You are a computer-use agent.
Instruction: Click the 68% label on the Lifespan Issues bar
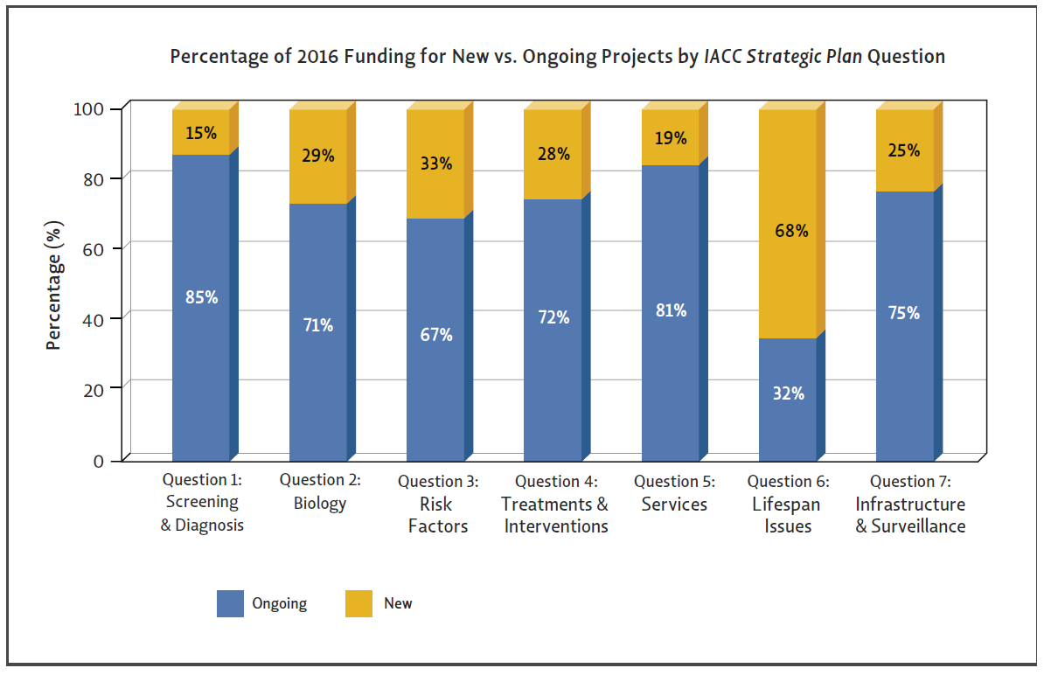pos(790,232)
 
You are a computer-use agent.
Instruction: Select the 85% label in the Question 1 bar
pos(201,296)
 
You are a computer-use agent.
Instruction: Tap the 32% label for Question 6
pos(789,393)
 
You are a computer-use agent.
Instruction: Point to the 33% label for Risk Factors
pos(436,163)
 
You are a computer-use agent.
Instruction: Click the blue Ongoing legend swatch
pos(230,603)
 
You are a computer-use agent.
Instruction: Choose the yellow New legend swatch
pos(358,603)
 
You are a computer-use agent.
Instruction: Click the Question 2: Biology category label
pos(320,492)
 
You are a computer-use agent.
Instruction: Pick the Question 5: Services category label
pos(673,493)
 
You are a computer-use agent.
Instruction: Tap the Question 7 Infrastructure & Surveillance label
pos(909,504)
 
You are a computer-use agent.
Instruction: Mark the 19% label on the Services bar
pos(671,137)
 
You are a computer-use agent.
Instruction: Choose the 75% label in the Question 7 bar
pos(905,312)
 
